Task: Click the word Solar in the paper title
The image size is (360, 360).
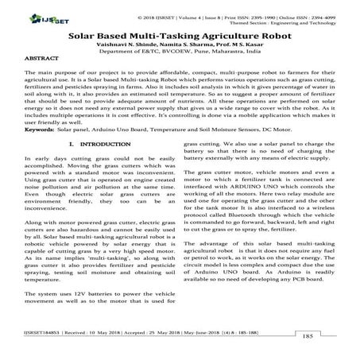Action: (x=82, y=36)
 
